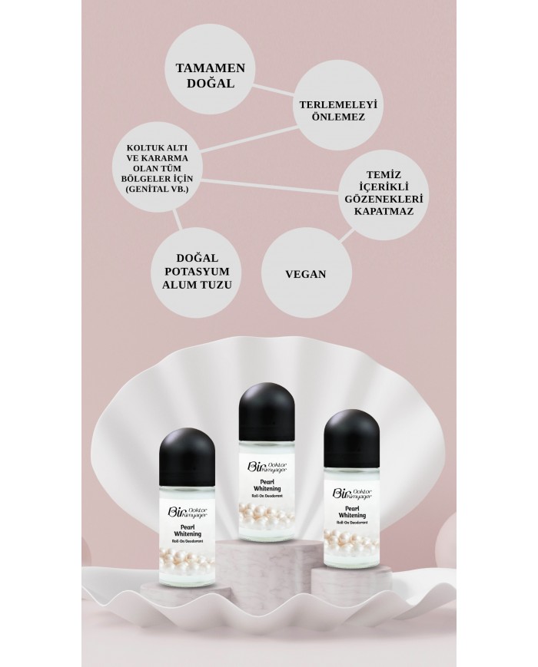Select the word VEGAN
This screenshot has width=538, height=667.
(x=305, y=273)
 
